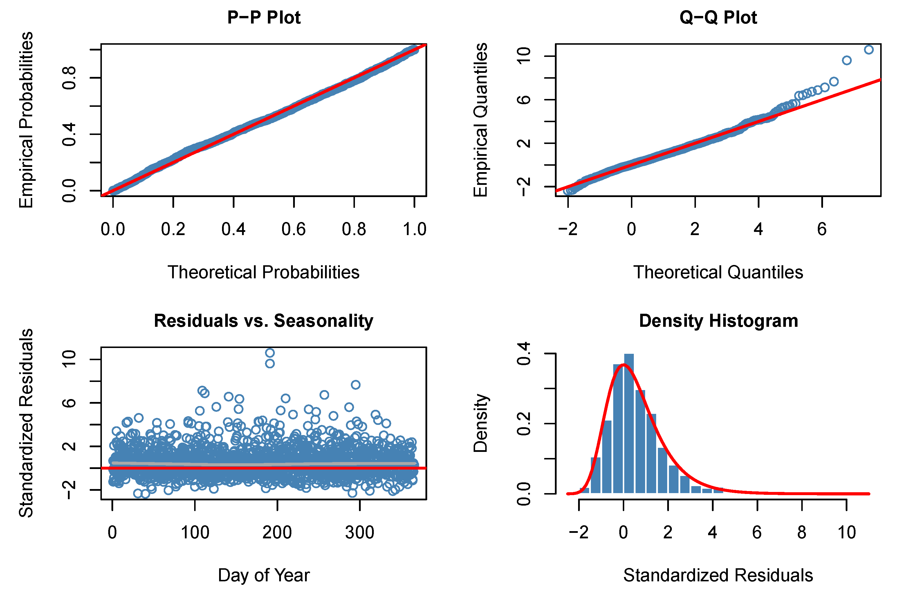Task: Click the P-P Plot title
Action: [x=264, y=17]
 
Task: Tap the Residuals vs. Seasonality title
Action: [x=264, y=321]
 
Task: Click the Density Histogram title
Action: [x=718, y=321]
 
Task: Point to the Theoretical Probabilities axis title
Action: [x=264, y=272]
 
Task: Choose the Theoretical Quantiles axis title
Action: [x=718, y=272]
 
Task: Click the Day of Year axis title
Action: [x=264, y=575]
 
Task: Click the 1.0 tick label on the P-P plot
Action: [x=414, y=229]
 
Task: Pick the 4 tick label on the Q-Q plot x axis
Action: [x=758, y=229]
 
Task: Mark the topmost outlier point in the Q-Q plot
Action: [x=869, y=50]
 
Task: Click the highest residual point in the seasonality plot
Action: [x=270, y=353]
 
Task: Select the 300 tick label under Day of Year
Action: [x=360, y=532]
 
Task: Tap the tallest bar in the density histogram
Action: [x=629, y=423]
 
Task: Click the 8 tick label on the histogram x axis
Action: [x=802, y=532]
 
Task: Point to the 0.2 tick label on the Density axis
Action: [x=524, y=424]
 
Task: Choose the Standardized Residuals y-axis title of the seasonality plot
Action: [x=26, y=423]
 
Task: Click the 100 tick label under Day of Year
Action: [x=195, y=532]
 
